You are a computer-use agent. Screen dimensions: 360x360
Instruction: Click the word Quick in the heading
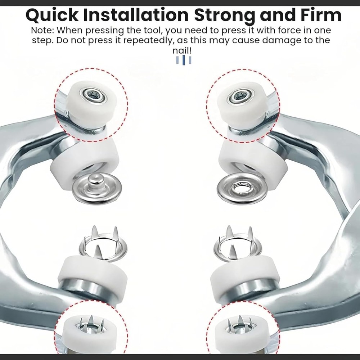tap(52, 15)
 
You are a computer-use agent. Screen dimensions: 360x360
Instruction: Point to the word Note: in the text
tap(43, 30)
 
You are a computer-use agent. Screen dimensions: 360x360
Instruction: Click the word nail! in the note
tap(182, 50)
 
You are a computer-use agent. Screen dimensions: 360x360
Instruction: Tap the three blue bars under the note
tap(184, 60)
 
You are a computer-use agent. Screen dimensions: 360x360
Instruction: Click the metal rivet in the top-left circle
tap(93, 95)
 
